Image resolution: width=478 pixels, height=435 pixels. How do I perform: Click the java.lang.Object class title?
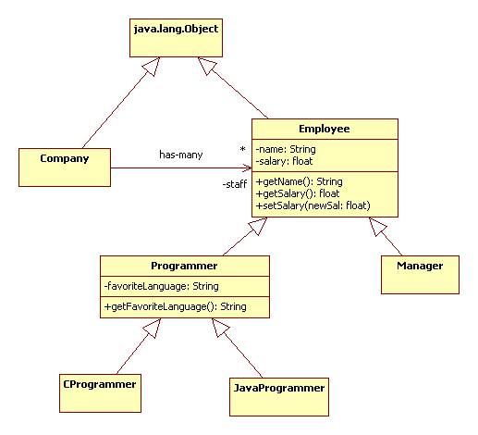pyautogui.click(x=176, y=29)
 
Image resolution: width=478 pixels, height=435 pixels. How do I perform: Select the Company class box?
pyautogui.click(x=65, y=168)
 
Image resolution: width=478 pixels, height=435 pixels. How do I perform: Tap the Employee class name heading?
pyautogui.click(x=325, y=129)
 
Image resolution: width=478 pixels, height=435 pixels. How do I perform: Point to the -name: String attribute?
pyautogui.click(x=286, y=149)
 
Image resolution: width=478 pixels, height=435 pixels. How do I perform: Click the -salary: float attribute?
pyautogui.click(x=284, y=161)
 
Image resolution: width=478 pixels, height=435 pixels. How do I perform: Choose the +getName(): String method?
pyautogui.click(x=299, y=181)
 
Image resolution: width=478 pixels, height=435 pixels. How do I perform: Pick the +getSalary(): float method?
pyautogui.click(x=298, y=193)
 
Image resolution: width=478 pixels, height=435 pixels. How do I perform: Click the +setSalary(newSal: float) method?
pyautogui.click(x=313, y=205)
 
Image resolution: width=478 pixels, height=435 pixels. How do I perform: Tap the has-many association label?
pyautogui.click(x=181, y=155)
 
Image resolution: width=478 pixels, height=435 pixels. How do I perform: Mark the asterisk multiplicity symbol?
pyautogui.click(x=243, y=149)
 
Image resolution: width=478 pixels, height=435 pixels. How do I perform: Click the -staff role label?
pyautogui.click(x=235, y=184)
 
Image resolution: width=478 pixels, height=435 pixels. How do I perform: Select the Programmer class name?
pyautogui.click(x=184, y=266)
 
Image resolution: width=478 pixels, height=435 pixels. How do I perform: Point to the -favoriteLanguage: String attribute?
pyautogui.click(x=162, y=286)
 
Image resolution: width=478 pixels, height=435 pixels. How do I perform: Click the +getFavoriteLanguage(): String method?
pyautogui.click(x=176, y=306)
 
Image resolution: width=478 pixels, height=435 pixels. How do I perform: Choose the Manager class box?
pyautogui.click(x=420, y=275)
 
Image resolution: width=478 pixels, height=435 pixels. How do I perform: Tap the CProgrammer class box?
pyautogui.click(x=100, y=393)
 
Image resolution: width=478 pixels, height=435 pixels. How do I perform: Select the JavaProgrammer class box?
pyautogui.click(x=279, y=397)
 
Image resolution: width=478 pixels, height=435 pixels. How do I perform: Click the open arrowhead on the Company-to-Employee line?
pyautogui.click(x=248, y=168)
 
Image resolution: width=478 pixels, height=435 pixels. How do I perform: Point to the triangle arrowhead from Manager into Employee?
pyautogui.click(x=378, y=227)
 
